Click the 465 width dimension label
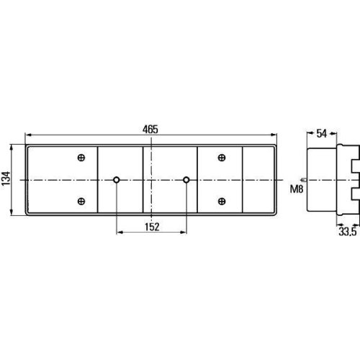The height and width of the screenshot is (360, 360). click(x=150, y=130)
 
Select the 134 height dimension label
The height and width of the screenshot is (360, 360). click(x=6, y=179)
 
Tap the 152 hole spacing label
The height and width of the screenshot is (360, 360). click(x=152, y=227)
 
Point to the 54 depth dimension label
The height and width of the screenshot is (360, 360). click(x=322, y=133)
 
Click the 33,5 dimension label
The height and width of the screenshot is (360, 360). click(x=348, y=232)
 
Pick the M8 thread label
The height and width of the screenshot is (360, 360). click(x=297, y=189)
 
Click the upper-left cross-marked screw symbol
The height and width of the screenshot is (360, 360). click(x=81, y=158)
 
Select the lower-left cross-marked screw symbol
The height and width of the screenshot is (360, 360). click(x=81, y=201)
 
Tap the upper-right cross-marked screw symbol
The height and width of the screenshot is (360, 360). click(x=222, y=158)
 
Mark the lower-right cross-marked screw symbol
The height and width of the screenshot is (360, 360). click(x=222, y=201)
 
